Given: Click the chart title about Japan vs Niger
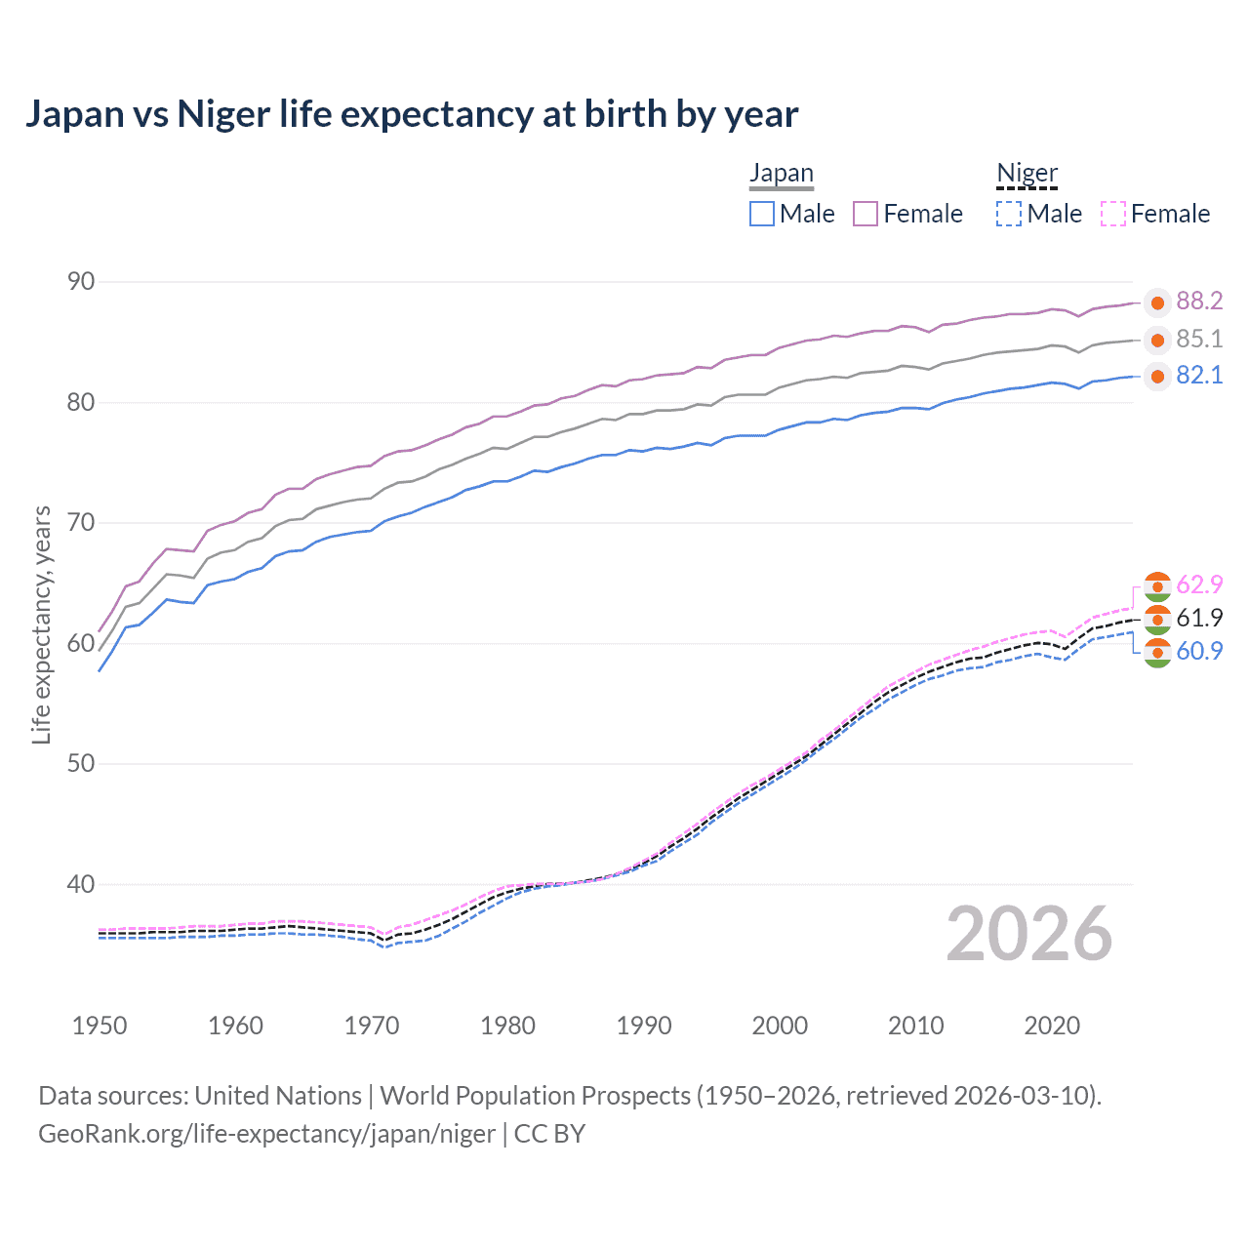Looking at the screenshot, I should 411,114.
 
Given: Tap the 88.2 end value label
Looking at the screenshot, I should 1199,302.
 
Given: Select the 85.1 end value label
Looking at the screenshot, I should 1199,339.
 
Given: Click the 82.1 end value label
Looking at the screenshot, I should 1199,376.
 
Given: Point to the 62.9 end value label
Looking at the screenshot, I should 1199,584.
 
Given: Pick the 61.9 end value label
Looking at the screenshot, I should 1199,618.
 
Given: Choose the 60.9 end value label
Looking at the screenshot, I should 1199,651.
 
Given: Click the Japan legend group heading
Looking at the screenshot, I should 781,174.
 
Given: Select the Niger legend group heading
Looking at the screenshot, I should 1027,174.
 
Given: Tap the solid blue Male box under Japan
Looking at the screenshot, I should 762,214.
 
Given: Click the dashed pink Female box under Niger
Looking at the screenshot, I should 1113,214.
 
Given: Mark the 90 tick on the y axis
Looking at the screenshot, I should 81,282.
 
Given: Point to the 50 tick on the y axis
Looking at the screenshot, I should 81,763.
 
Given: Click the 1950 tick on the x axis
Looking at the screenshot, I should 100,1026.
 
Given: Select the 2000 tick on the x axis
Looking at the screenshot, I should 780,1026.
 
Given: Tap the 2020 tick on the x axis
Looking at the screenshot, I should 1052,1026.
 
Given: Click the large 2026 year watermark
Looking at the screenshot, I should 1028,934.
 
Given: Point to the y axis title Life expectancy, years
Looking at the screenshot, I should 41,624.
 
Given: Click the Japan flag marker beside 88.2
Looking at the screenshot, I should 1157,303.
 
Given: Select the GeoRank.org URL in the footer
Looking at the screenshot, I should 266,1134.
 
